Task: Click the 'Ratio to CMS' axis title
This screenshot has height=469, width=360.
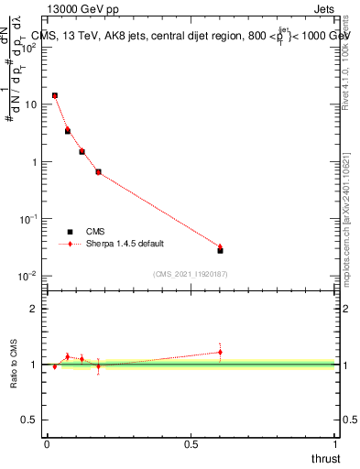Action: (x=16, y=364)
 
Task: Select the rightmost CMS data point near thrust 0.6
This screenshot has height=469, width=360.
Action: (x=220, y=250)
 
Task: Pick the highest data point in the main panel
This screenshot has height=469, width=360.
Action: (x=55, y=95)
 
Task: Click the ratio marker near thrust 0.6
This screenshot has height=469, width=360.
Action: (x=220, y=352)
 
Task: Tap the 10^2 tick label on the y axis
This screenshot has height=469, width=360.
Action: (x=29, y=48)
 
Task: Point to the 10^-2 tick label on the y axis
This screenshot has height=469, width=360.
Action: (x=29, y=276)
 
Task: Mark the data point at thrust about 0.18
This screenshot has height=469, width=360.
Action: (x=98, y=171)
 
